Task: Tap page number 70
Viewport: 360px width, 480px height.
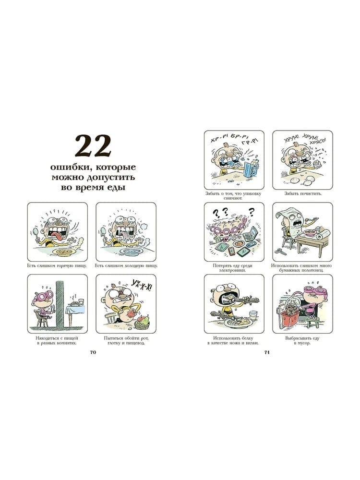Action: [x=93, y=352]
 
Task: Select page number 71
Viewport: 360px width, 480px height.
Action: [x=267, y=352]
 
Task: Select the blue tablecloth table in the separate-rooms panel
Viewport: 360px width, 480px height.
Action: [x=75, y=311]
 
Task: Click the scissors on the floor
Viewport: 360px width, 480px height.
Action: [x=280, y=251]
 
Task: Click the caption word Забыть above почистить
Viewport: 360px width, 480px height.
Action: [x=291, y=193]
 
